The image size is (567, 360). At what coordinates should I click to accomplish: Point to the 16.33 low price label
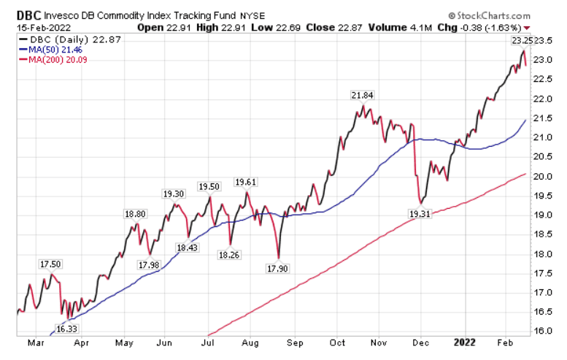pyautogui.click(x=66, y=329)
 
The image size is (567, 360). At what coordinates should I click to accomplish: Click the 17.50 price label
pyautogui.click(x=49, y=264)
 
